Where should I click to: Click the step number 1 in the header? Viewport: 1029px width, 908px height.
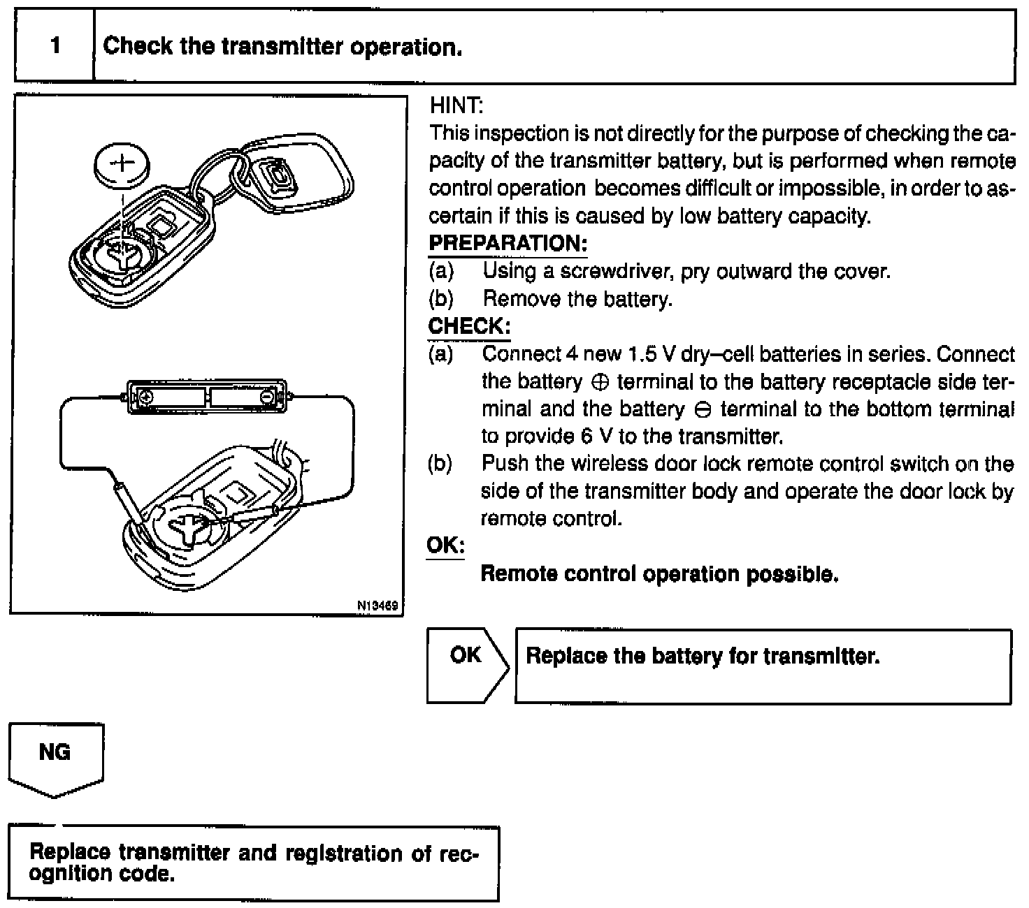coord(55,46)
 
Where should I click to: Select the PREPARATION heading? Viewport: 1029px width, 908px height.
coord(508,244)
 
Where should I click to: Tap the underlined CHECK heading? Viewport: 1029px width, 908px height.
coord(468,326)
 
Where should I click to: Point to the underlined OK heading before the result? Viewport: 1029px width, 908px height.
coord(445,545)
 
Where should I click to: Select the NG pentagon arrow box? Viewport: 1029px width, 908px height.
coord(56,758)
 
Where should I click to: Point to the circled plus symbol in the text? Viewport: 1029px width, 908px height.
coord(600,382)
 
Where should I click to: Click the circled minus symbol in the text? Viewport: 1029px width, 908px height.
coord(702,409)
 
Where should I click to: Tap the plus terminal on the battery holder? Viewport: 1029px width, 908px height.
coord(146,397)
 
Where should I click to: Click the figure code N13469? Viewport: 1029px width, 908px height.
coord(377,606)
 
